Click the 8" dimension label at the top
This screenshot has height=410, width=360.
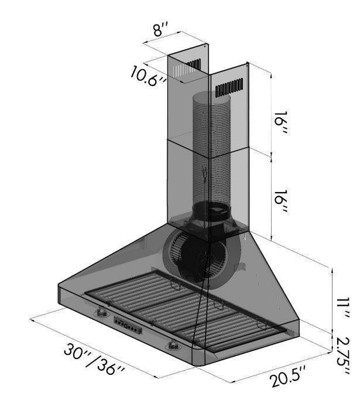[x=161, y=30]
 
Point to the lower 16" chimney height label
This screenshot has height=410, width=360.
[x=281, y=204]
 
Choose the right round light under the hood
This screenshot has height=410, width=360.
[x=174, y=346]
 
